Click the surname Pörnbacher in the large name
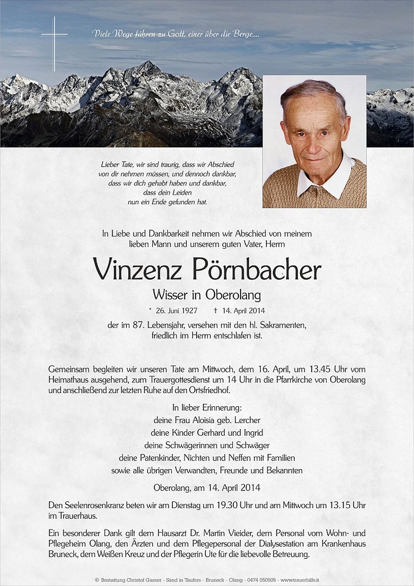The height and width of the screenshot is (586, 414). click(257, 270)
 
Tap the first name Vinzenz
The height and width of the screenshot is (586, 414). click(137, 270)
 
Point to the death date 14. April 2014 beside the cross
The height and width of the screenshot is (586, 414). click(242, 311)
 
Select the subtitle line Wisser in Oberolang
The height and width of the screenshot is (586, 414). click(207, 294)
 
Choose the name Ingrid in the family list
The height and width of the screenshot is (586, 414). click(253, 433)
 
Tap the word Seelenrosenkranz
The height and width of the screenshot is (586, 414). click(92, 505)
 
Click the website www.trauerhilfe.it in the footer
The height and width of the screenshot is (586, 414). click(299, 581)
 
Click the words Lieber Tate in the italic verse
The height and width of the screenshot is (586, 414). click(115, 165)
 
